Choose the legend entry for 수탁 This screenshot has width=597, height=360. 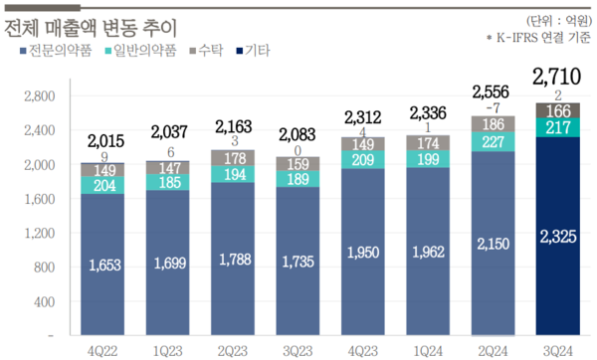pos(205,50)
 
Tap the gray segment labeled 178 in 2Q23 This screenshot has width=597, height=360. pos(235,158)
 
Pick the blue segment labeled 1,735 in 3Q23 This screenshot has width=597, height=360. pos(298,264)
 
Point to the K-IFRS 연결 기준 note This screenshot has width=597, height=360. pos(537,37)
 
